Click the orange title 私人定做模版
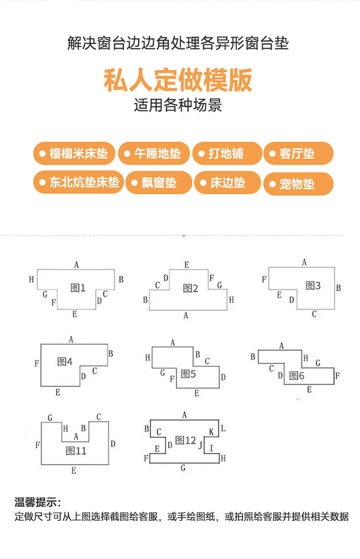[x=178, y=81]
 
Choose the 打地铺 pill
[x=227, y=154]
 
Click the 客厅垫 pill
[x=298, y=154]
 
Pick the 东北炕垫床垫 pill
[x=79, y=183]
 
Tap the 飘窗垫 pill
[x=158, y=183]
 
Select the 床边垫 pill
[x=228, y=183]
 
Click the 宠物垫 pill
[x=298, y=184]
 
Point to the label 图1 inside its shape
[x=78, y=288]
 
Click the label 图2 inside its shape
[x=191, y=288]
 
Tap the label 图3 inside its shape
[x=313, y=286]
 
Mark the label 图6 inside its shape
[x=297, y=376]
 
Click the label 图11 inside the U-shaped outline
[x=76, y=451]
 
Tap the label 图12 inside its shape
[x=186, y=440]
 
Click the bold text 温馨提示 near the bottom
[x=37, y=503]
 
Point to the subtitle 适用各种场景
[x=178, y=105]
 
